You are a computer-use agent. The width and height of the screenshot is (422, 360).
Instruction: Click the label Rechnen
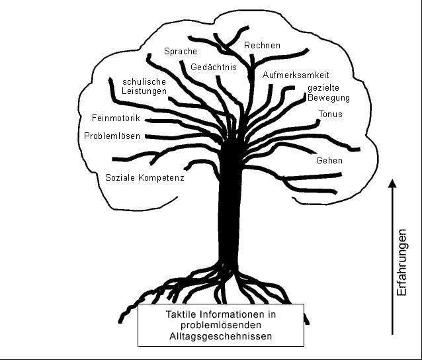click(x=262, y=45)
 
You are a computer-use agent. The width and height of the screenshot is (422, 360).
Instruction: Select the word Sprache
click(x=181, y=52)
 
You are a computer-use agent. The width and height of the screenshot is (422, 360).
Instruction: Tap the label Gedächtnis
click(x=214, y=67)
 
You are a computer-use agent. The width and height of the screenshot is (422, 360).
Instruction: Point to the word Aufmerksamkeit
click(x=296, y=75)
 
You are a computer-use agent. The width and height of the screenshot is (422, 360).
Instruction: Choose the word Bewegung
click(x=328, y=97)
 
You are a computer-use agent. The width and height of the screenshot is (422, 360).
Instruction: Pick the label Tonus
click(x=330, y=114)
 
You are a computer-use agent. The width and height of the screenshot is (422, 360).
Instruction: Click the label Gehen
click(x=329, y=161)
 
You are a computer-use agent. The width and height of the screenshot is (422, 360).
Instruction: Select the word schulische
click(x=144, y=81)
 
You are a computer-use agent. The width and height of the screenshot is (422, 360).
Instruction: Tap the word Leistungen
click(x=144, y=91)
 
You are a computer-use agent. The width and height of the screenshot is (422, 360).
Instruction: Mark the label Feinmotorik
click(x=116, y=118)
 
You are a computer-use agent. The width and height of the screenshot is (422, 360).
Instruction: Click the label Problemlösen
click(x=112, y=136)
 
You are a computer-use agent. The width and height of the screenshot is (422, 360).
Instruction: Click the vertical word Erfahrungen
click(x=401, y=263)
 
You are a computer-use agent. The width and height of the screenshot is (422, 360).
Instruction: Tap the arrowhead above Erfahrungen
click(x=392, y=183)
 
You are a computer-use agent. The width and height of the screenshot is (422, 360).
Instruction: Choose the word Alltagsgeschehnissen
click(x=221, y=336)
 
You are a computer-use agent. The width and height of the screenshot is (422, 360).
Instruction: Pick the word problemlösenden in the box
click(x=221, y=325)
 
